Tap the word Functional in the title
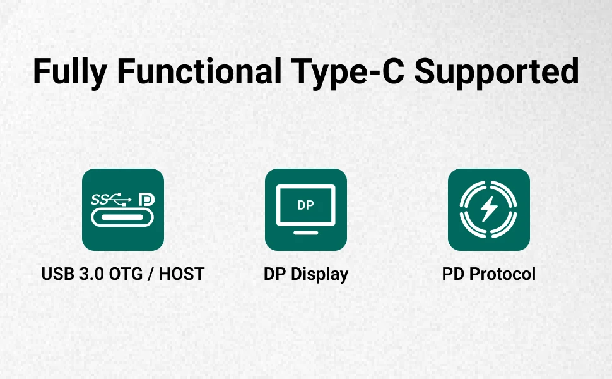click(199, 71)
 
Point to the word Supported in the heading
click(497, 72)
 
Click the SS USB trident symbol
click(111, 199)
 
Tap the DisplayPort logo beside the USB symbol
click(147, 199)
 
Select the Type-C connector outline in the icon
click(122, 218)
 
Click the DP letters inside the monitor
click(305, 205)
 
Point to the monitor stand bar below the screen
click(305, 233)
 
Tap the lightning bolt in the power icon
click(488, 208)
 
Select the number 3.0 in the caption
click(91, 274)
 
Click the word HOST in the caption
click(182, 274)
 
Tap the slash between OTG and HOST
click(151, 274)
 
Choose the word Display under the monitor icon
click(320, 275)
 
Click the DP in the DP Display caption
click(275, 274)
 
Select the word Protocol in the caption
click(502, 274)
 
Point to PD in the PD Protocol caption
click(453, 274)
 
